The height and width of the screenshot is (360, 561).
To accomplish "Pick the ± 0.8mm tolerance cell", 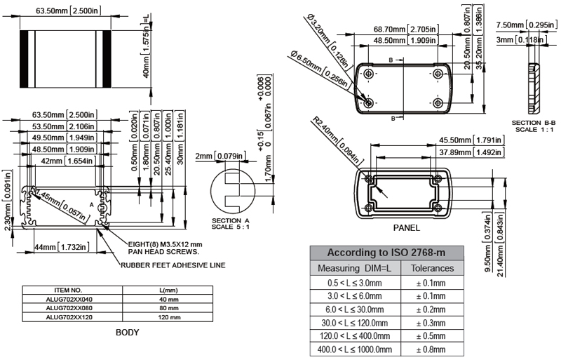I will (x=431, y=349).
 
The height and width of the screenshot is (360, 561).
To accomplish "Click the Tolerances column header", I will (x=431, y=268).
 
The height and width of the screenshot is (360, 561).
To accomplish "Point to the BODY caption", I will (x=127, y=333).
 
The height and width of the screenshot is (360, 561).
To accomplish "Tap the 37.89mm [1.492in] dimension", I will (x=471, y=152).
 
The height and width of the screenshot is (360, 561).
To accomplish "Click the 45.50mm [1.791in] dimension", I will (x=472, y=139).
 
